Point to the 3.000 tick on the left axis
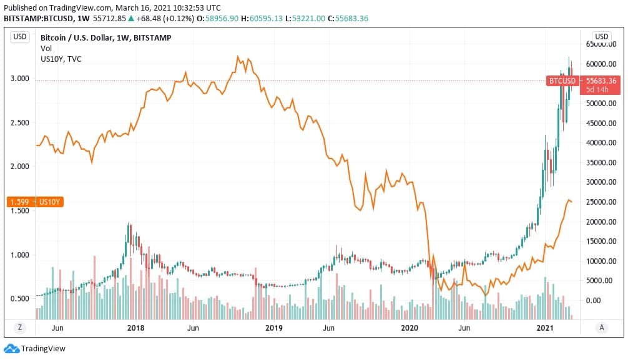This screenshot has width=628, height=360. (x=20, y=79)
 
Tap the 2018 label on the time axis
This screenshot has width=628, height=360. (x=136, y=328)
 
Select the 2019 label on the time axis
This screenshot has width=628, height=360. (x=273, y=328)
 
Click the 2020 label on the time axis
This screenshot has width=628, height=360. (x=409, y=328)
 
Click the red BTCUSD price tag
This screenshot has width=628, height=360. (x=561, y=81)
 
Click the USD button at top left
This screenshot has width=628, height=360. (x=20, y=37)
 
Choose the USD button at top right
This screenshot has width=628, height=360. (x=601, y=36)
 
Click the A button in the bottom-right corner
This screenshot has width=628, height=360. (x=601, y=328)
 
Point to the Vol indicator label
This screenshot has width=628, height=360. (x=46, y=49)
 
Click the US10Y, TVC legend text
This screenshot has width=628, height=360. (x=61, y=59)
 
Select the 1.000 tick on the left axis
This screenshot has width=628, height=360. (x=20, y=255)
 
